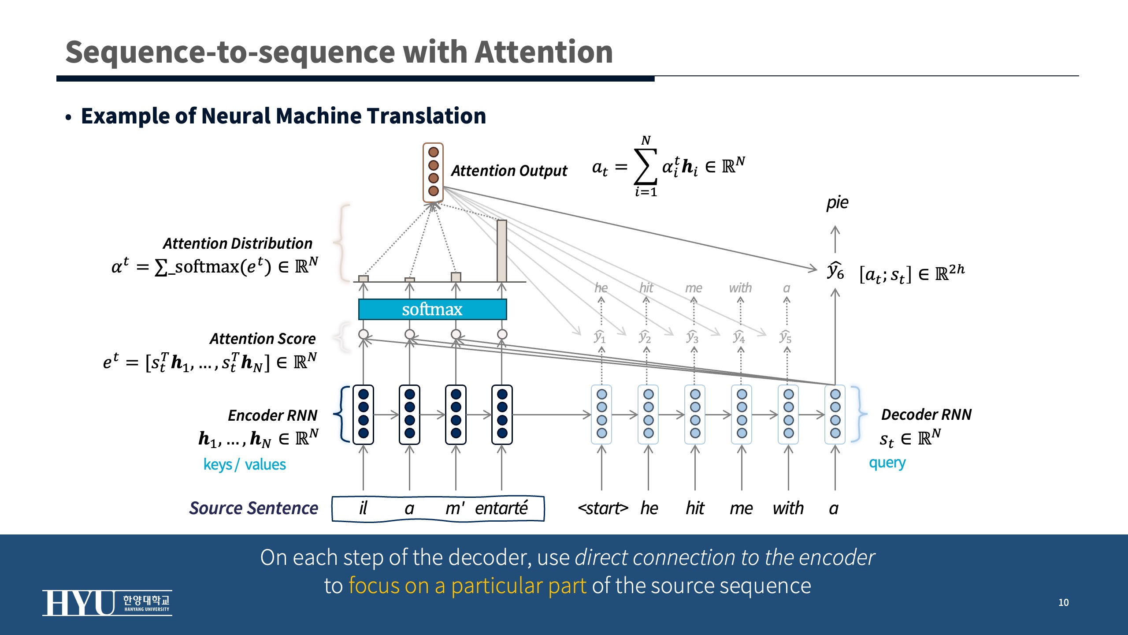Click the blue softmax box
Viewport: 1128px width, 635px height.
click(432, 309)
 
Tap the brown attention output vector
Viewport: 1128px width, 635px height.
click(433, 172)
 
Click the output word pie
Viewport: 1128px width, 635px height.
click(837, 202)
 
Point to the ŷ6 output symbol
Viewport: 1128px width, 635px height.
click(835, 270)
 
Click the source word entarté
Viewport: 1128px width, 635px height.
click(501, 508)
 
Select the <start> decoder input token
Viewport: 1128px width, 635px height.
click(602, 508)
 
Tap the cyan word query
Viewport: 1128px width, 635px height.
click(887, 463)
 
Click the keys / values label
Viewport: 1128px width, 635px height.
click(245, 464)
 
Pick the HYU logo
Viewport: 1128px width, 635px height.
click(107, 603)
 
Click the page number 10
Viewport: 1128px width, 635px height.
click(1063, 602)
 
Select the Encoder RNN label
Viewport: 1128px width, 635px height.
click(272, 415)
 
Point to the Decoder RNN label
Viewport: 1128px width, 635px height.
click(926, 415)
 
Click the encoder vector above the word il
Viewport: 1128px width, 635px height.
click(363, 414)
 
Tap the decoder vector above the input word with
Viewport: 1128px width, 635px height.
click(788, 414)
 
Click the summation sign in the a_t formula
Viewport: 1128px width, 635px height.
click(645, 167)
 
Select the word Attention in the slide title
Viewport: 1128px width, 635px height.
click(544, 52)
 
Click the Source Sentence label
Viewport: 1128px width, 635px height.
click(253, 508)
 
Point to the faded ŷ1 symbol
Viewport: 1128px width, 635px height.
click(599, 336)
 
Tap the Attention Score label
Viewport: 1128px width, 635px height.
click(263, 339)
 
